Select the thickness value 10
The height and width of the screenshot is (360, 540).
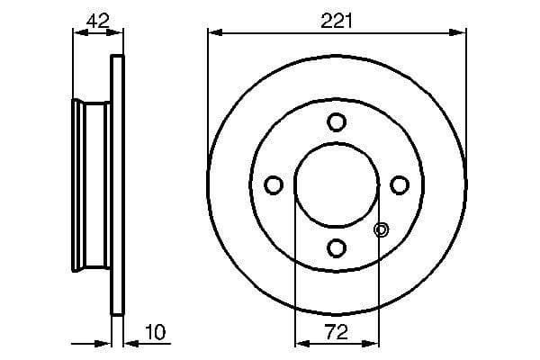coord(155,333)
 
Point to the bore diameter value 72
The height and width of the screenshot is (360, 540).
coord(337,332)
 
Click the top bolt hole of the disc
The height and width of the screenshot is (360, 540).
coord(337,121)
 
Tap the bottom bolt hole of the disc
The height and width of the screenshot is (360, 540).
coord(337,247)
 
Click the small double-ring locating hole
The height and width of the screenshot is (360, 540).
coord(381,230)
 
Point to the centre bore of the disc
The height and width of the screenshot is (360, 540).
coord(337,184)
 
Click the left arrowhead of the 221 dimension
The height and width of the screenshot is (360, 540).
coord(213,32)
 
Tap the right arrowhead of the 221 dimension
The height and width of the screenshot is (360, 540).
coord(461,32)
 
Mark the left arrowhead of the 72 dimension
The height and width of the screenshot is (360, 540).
coord(301,342)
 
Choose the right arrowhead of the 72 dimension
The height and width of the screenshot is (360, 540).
coord(373,342)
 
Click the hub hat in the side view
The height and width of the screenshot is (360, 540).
coord(90,184)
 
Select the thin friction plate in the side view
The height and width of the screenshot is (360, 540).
coord(115,184)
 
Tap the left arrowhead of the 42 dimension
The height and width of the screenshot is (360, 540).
coord(77,32)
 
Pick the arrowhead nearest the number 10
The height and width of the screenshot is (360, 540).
coord(126,342)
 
